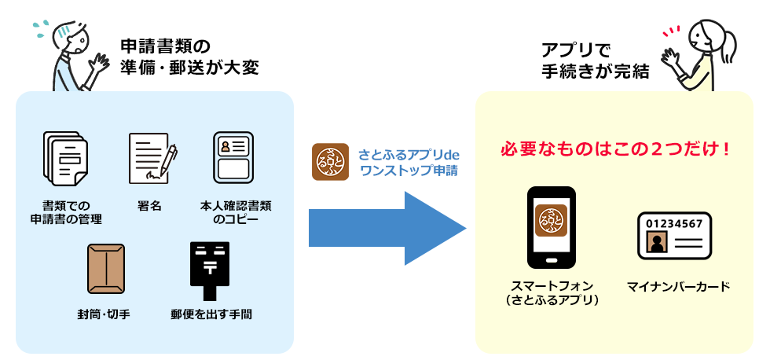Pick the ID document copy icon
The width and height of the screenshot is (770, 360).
pyautogui.click(x=233, y=156)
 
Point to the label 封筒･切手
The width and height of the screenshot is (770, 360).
pyautogui.click(x=104, y=314)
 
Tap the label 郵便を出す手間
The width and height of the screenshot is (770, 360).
pyautogui.click(x=211, y=314)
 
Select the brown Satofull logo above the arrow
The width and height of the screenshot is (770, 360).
pyautogui.click(x=331, y=162)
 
